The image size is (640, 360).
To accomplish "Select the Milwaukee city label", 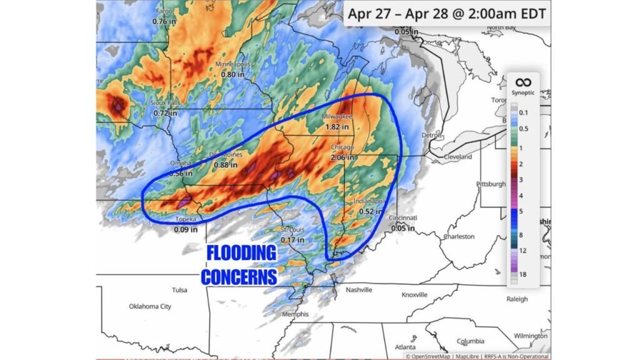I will [x=337, y=117].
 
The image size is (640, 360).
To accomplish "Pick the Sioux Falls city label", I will [x=166, y=103].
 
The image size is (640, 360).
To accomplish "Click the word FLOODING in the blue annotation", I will [x=241, y=254].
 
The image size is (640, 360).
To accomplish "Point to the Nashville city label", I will [x=359, y=290].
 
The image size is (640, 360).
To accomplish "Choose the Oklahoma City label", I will [x=149, y=306].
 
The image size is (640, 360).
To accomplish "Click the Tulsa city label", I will [x=179, y=290].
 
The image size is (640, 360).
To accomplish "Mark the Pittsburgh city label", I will [x=491, y=184].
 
